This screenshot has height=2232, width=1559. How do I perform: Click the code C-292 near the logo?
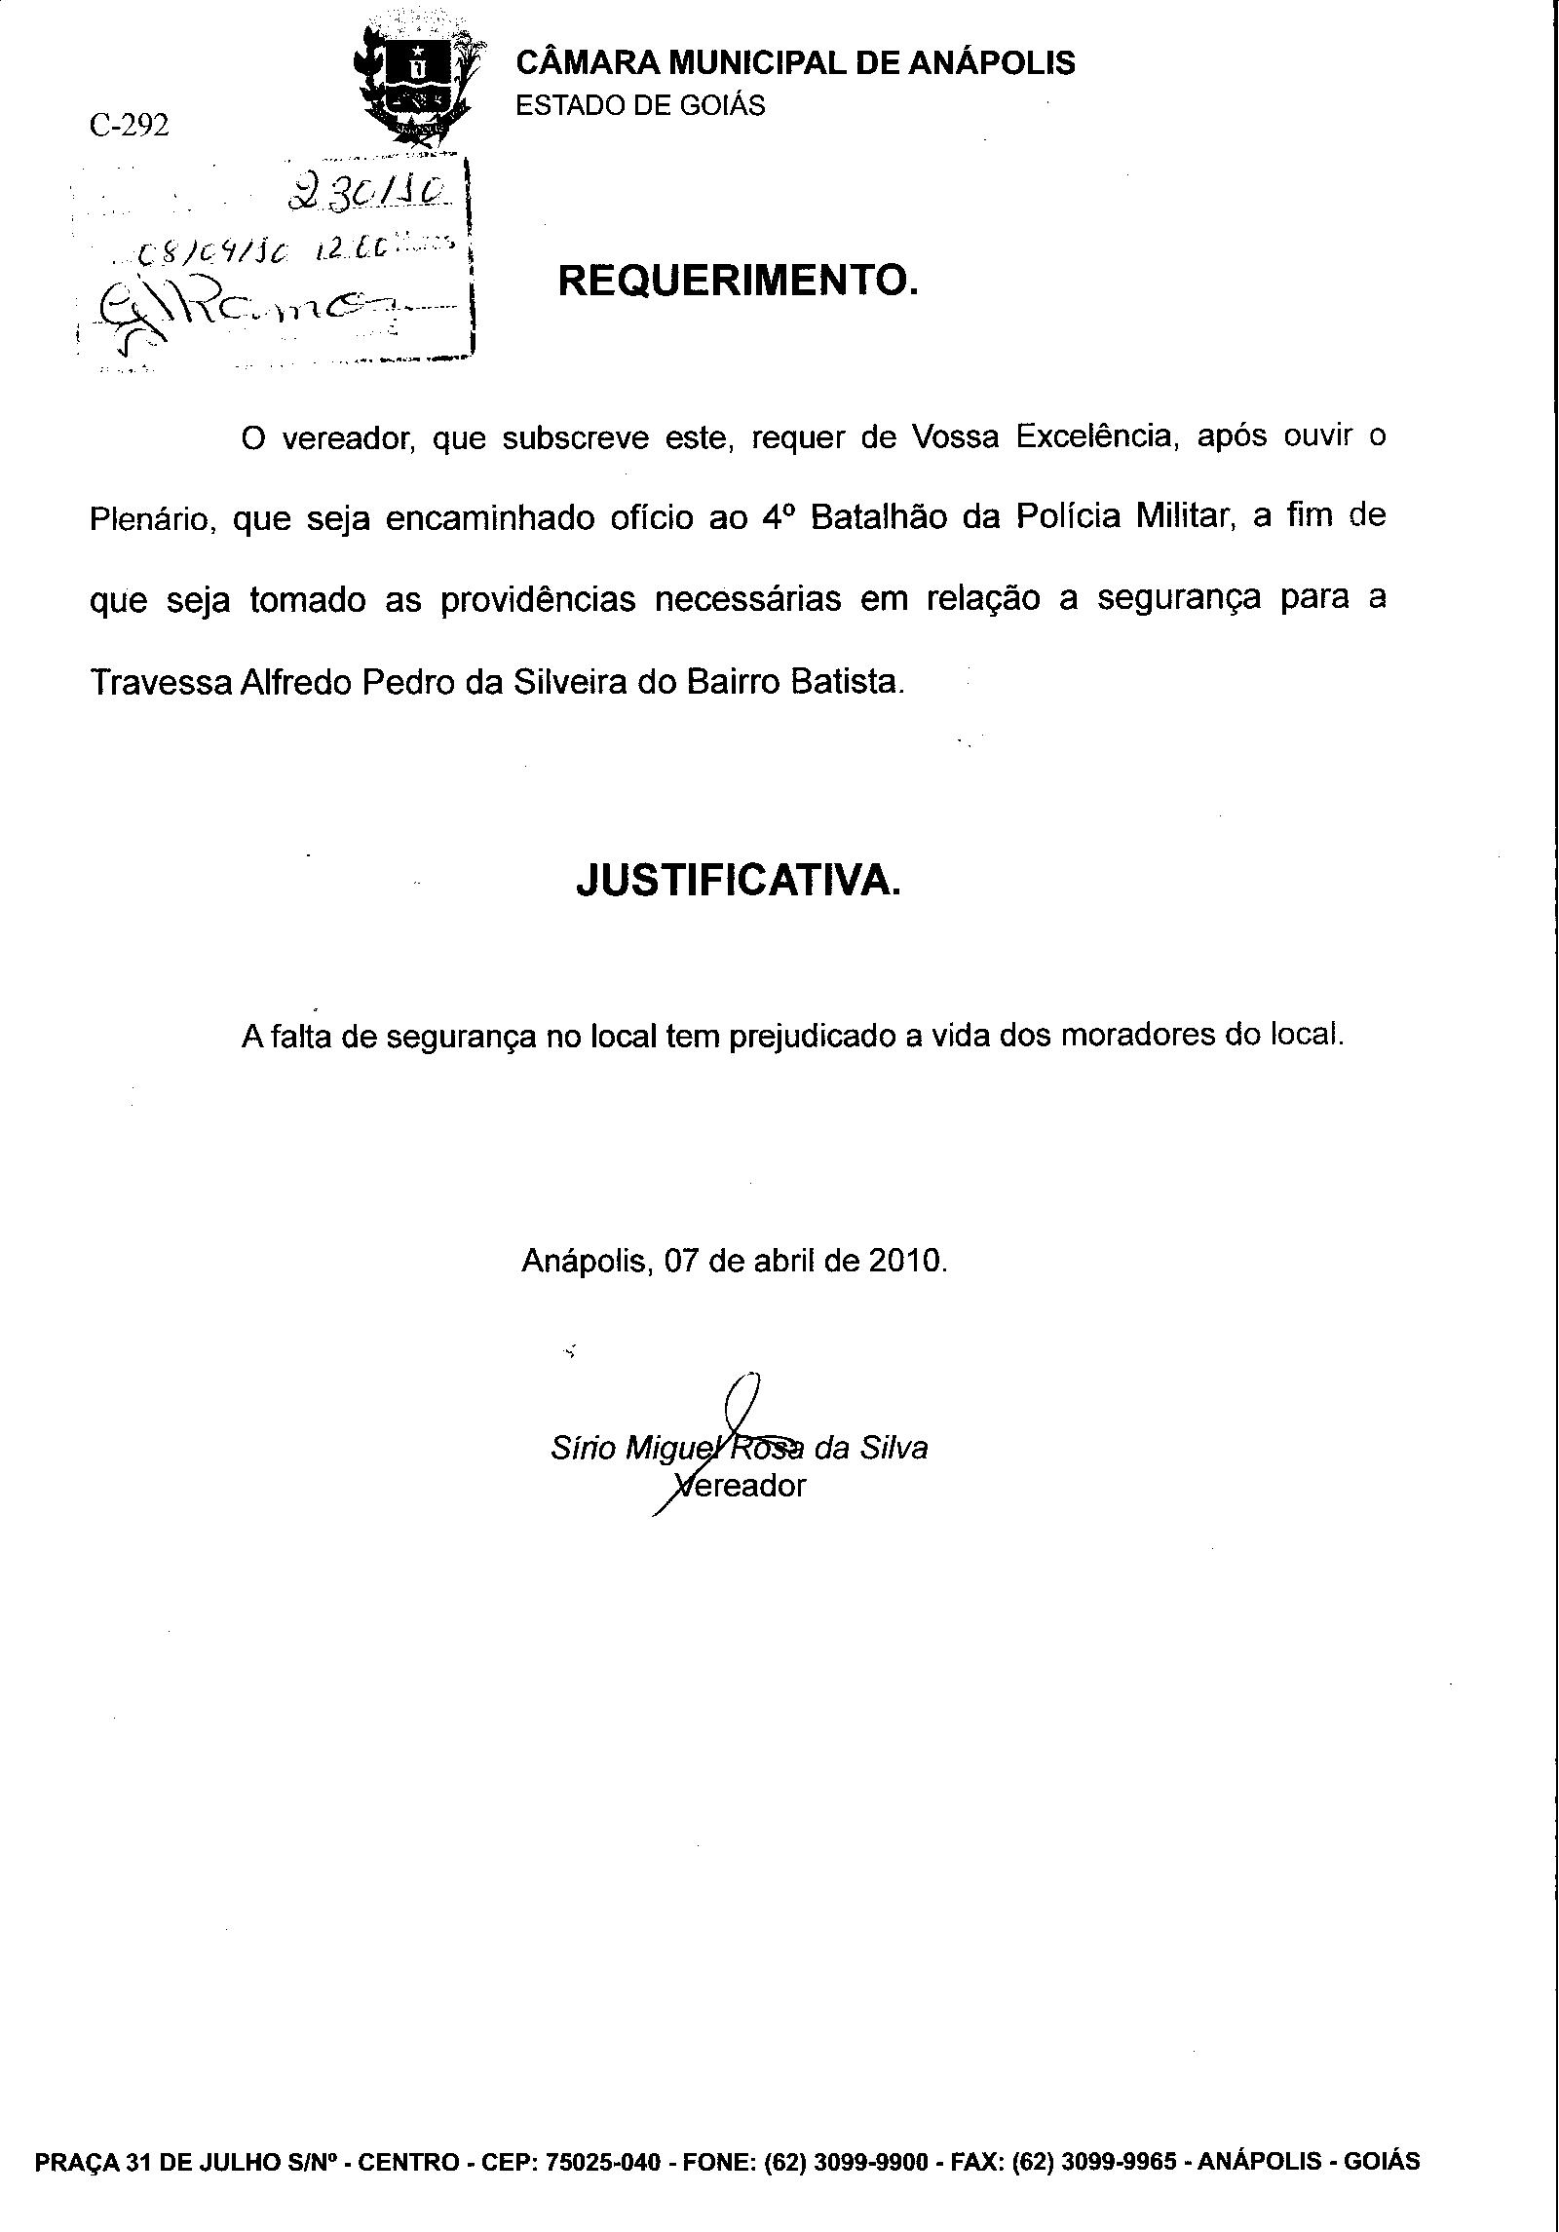128,126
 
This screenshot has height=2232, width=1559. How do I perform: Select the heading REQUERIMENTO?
738,282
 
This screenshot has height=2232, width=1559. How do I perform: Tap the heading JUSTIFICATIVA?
738,881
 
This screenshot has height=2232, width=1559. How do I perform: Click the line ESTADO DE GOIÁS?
640,105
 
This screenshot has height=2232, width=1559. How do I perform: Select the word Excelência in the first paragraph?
1092,436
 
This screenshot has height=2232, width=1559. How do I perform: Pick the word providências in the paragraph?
538,599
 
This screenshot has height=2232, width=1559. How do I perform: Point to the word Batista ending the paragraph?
847,682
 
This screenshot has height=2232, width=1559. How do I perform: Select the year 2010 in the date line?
906,1261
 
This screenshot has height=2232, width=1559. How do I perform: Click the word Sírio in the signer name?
583,1449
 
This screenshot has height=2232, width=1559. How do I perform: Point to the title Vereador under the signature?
742,1486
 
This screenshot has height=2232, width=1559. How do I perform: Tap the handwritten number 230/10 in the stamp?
369,196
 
